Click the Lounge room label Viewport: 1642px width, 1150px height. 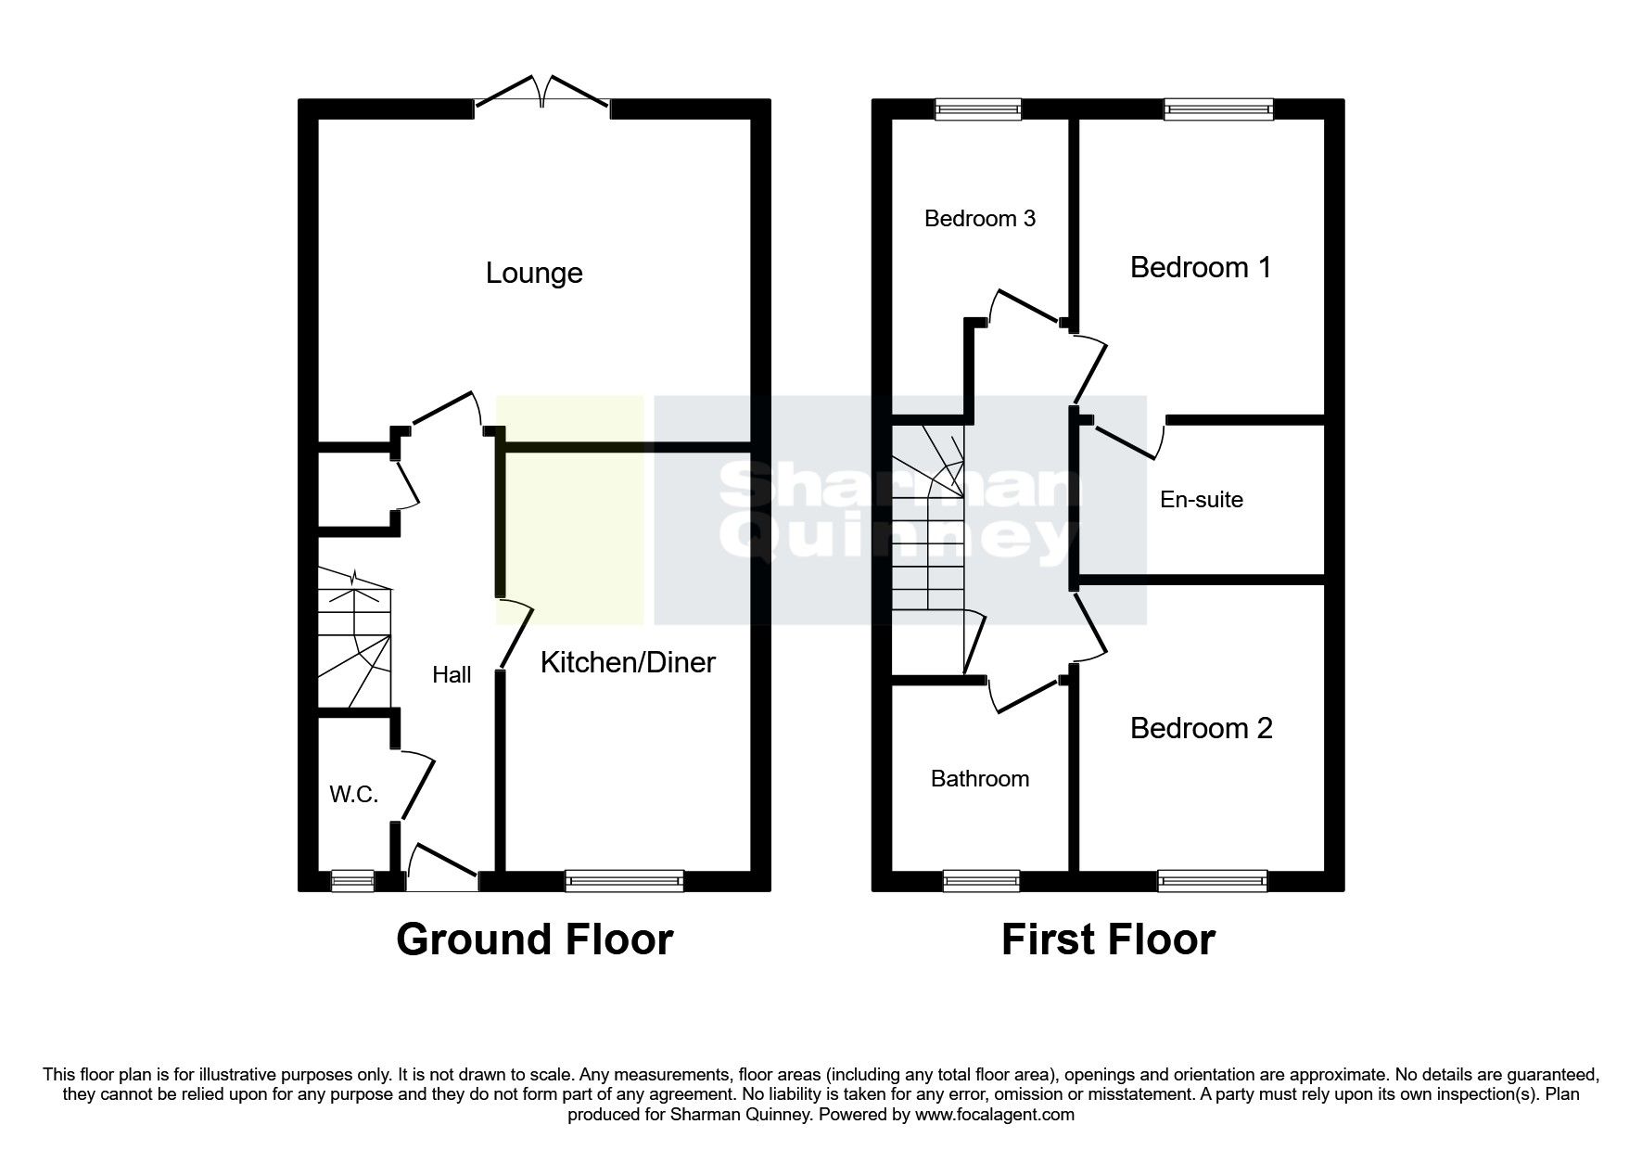534,274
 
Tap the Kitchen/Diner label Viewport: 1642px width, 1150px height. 628,662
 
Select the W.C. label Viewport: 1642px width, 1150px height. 353,794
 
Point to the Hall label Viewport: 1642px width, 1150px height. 452,675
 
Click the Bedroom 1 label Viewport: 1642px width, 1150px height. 1200,268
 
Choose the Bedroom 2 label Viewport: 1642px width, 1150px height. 1201,729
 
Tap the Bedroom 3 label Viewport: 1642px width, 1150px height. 979,219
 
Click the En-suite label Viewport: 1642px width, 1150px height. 1201,500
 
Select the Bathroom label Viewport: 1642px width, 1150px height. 979,779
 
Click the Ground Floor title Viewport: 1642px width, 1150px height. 534,939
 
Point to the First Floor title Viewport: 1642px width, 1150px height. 1107,939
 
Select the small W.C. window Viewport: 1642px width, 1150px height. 353,881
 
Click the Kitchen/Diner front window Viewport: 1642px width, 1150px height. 624,881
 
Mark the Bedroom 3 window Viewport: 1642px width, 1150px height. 978,109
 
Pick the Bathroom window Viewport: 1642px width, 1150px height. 980,881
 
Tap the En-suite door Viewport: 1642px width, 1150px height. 1127,441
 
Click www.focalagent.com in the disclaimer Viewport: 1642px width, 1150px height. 994,1115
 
